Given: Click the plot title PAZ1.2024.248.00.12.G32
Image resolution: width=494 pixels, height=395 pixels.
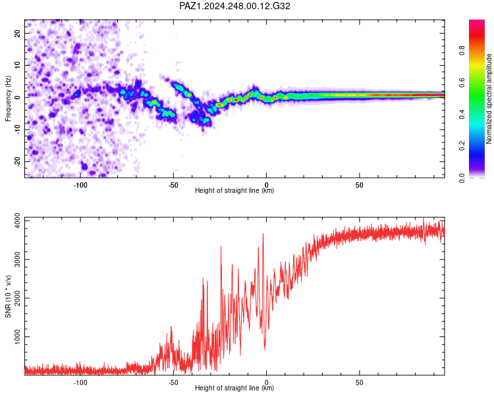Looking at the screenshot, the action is (234, 6).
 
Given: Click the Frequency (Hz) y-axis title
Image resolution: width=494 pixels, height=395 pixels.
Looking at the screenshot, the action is (8, 99).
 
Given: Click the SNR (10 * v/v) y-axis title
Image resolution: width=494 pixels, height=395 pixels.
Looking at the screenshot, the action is (8, 296).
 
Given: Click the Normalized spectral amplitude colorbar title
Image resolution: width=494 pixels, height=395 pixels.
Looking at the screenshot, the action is (489, 99).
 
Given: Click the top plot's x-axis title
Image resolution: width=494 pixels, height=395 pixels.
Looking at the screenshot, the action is (234, 190).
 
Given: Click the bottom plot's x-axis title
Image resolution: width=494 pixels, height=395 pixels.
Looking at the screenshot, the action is (234, 388).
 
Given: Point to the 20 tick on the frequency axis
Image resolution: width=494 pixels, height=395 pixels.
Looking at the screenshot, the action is (17, 33).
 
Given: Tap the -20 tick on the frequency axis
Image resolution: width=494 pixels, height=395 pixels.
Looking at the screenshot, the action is (17, 162).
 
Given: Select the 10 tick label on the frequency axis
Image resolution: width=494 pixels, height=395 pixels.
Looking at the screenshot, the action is (17, 65).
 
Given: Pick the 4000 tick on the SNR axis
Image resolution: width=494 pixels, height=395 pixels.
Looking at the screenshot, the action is (17, 221).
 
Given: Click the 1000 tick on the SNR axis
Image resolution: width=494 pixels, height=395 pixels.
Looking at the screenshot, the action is (17, 336).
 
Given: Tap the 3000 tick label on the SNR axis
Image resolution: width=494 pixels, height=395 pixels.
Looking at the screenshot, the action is (17, 259).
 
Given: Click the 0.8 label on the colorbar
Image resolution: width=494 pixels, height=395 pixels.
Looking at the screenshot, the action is (462, 51).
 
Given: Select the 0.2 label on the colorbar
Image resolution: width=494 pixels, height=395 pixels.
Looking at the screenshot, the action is (462, 146).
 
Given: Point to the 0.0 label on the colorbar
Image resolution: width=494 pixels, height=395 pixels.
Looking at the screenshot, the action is (462, 178).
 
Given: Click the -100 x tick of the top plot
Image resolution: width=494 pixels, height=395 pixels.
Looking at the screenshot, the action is (80, 185).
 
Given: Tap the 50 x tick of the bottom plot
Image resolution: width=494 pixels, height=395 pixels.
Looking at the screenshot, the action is (360, 382).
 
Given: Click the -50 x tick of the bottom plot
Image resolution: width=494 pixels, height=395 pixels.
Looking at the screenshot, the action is (173, 382).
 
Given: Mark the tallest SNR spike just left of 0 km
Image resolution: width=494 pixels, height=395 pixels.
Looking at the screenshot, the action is (263, 234).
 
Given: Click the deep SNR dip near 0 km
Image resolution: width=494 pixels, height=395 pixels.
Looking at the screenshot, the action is (265, 349).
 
